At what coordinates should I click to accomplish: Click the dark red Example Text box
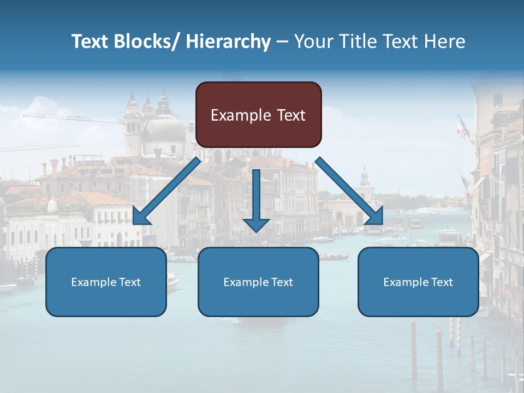(258, 115)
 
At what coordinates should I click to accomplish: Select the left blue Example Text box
(106, 282)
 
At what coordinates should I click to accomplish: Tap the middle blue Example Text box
(258, 282)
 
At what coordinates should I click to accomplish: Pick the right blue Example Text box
(418, 282)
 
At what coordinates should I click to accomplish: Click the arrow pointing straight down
(257, 199)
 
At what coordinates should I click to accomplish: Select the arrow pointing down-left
(166, 191)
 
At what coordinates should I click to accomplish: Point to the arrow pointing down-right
(349, 191)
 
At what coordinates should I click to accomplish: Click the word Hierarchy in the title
(229, 41)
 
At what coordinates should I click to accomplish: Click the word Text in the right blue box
(441, 282)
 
